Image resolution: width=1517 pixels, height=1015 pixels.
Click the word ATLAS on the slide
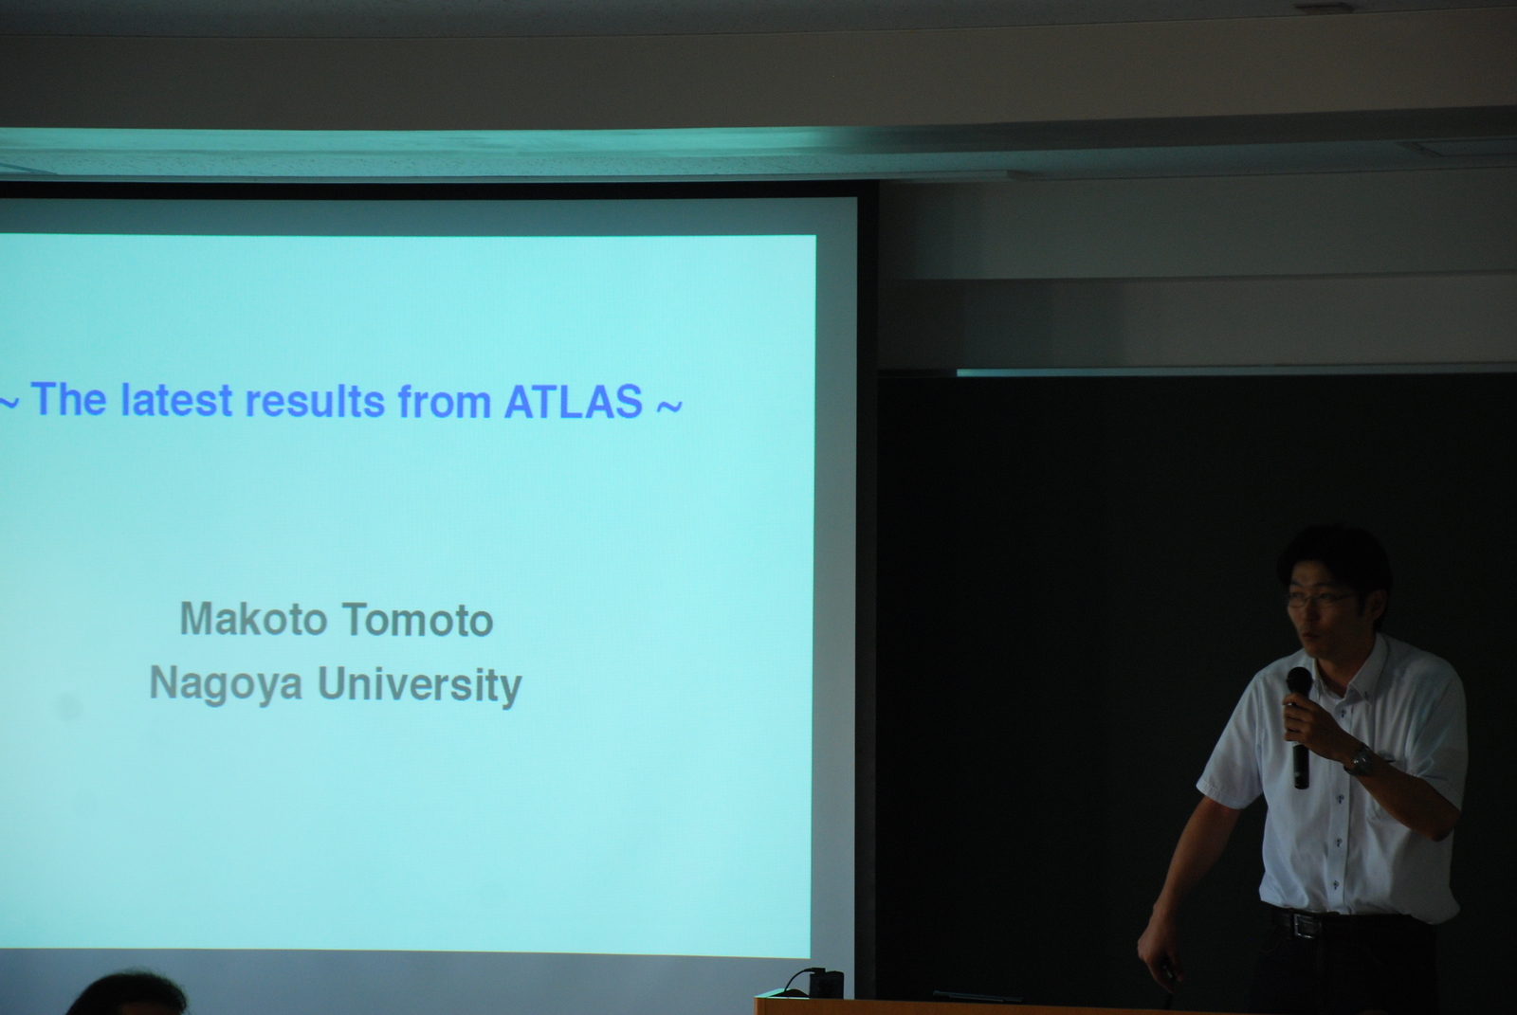click(573, 401)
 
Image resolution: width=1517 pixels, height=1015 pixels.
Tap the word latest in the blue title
click(176, 400)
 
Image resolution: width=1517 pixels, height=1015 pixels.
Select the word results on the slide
click(315, 401)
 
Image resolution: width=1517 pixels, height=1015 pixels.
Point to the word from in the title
click(445, 401)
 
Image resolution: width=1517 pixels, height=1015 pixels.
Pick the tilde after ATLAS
click(669, 405)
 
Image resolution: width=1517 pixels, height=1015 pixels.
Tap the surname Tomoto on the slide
click(417, 621)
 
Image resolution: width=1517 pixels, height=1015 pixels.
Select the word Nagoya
click(227, 684)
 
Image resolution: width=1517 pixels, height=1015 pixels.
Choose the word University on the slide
click(420, 686)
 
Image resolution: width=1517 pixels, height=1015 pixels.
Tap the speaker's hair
click(1334, 555)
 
